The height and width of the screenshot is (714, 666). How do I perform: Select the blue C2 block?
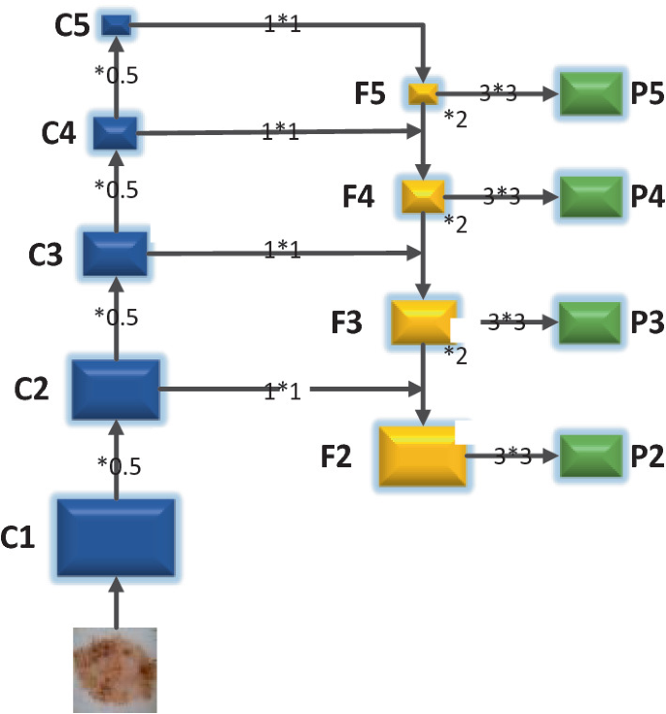point(116,391)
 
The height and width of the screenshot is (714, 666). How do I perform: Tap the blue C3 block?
point(115,255)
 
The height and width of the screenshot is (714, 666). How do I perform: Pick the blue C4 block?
point(115,132)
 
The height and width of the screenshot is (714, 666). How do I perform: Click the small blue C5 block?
point(116,24)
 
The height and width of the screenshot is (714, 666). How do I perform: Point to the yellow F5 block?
point(423,94)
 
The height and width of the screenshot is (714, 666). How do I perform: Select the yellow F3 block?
point(423,322)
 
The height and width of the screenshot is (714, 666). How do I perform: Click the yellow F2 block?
point(422,455)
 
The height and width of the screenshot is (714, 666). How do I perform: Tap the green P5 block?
point(590,94)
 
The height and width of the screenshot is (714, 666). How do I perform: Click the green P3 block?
point(590,322)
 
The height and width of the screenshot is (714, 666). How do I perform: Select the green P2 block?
point(590,455)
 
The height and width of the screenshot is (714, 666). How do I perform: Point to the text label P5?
point(646,94)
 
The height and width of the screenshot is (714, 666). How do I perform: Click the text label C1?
point(18,536)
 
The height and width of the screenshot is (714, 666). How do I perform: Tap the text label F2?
point(337,456)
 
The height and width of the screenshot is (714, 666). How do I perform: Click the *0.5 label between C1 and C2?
point(119,465)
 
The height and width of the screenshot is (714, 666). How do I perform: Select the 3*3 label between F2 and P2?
point(512,455)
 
